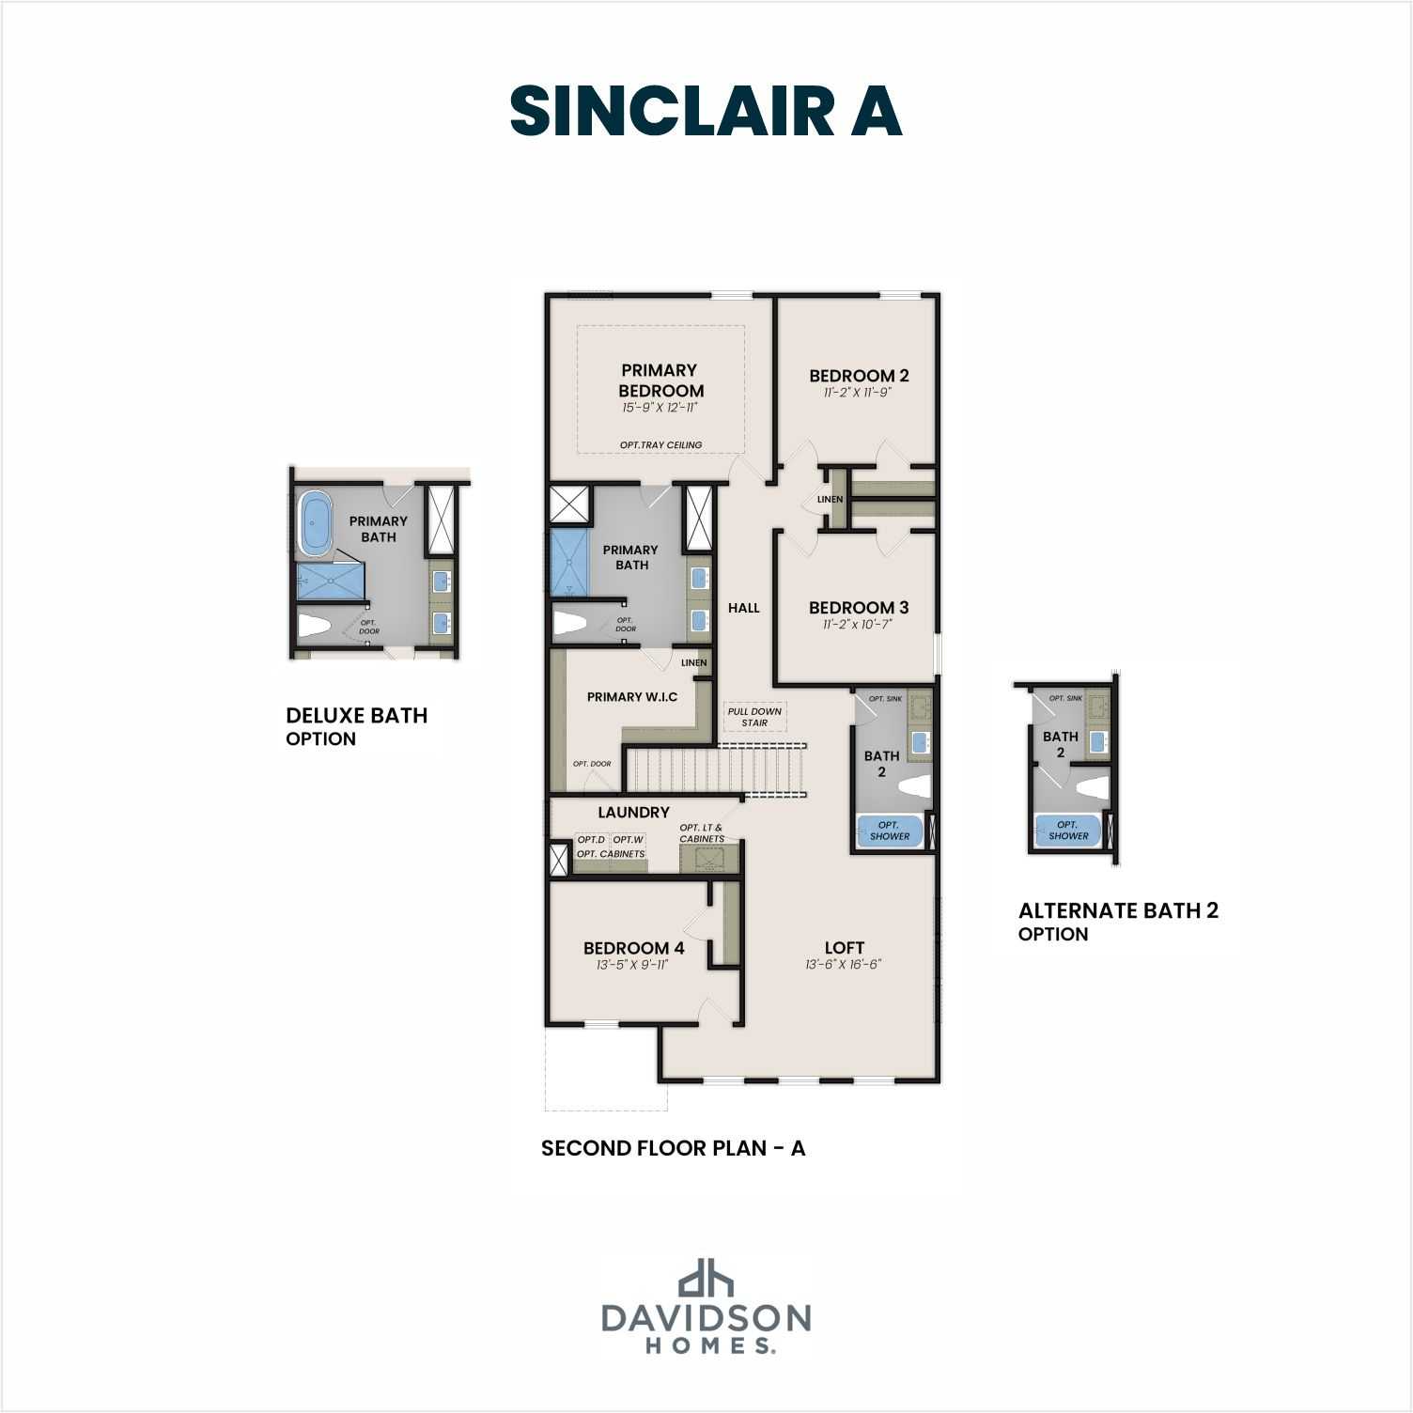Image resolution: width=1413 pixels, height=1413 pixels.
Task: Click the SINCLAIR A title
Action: tap(706, 111)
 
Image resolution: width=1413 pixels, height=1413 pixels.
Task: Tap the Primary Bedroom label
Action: tap(660, 380)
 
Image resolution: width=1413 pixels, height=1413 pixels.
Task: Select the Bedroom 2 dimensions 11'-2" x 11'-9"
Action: tap(857, 393)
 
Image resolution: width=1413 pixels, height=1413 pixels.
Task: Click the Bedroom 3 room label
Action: tap(858, 608)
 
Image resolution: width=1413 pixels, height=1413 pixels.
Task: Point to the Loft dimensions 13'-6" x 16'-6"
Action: tap(843, 965)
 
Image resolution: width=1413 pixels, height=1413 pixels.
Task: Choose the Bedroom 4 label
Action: tap(633, 948)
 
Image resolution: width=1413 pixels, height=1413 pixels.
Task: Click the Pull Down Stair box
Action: tap(754, 717)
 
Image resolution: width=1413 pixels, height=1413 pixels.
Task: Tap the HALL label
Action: tap(743, 608)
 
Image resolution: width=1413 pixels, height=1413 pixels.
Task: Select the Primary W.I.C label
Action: tap(631, 696)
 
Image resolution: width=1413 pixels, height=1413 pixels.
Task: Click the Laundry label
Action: tap(633, 813)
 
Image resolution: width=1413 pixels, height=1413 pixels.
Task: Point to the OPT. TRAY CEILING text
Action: tap(660, 445)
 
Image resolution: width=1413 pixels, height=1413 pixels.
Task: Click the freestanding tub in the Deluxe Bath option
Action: tap(315, 524)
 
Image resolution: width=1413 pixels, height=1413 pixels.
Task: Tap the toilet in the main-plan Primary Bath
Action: tap(568, 622)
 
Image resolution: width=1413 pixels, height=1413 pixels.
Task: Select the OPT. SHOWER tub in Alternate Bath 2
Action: tap(1068, 831)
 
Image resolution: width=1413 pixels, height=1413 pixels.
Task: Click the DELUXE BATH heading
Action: tap(356, 716)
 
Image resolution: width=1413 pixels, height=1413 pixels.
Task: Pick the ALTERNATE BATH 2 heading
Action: tap(1118, 910)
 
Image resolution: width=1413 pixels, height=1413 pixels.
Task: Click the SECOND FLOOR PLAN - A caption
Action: tap(673, 1148)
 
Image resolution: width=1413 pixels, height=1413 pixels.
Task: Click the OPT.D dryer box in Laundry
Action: tap(591, 840)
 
